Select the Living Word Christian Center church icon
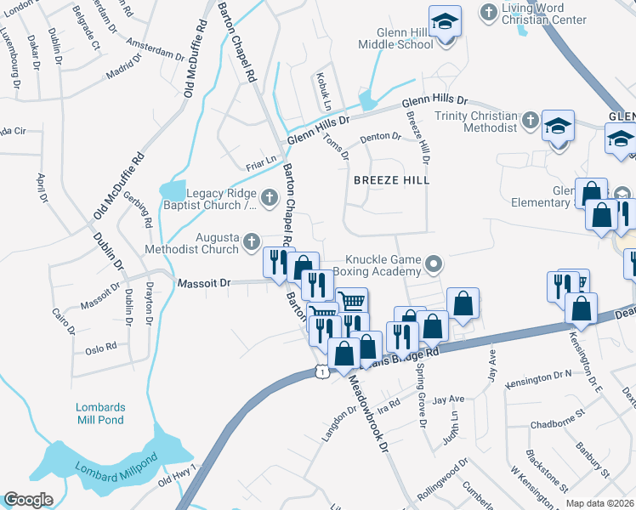pos(489,12)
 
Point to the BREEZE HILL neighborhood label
pos(392,180)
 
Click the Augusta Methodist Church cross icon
pos(251,242)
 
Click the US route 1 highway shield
pos(320,371)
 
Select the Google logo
pos(28,500)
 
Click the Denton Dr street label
pos(379,136)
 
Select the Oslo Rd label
pos(100,350)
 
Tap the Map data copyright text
pos(600,503)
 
